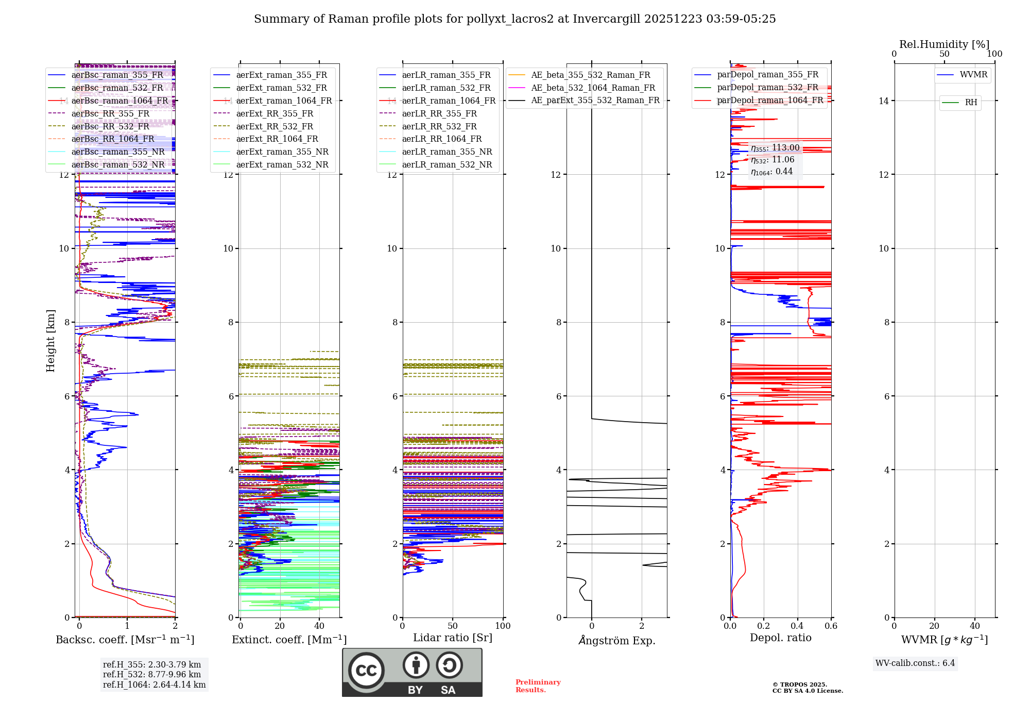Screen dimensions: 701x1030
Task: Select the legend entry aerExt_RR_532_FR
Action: (x=274, y=126)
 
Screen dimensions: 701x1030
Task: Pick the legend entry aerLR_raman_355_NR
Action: (x=447, y=152)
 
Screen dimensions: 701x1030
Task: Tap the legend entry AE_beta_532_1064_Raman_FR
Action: (x=593, y=88)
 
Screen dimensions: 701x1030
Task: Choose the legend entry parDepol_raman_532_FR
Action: (x=767, y=88)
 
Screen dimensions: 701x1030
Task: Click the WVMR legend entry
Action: (x=973, y=75)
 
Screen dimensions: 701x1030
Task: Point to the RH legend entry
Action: (x=971, y=103)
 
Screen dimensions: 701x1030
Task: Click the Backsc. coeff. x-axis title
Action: (x=125, y=640)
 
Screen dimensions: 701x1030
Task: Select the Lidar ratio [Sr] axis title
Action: (x=452, y=638)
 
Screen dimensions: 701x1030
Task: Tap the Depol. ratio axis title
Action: (x=780, y=638)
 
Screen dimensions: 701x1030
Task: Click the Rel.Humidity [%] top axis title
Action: (x=944, y=44)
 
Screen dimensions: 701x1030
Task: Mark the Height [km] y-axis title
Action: (x=50, y=341)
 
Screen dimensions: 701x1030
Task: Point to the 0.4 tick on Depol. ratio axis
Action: (x=797, y=626)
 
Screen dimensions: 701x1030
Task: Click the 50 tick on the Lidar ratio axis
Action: (x=452, y=626)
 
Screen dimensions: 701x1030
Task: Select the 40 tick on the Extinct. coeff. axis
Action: (x=319, y=626)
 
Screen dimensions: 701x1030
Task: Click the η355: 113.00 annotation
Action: (x=775, y=148)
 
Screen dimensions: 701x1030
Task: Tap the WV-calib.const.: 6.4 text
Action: (x=915, y=663)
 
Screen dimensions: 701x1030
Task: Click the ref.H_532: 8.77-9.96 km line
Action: (x=152, y=674)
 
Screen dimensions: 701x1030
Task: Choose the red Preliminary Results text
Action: (x=538, y=686)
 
